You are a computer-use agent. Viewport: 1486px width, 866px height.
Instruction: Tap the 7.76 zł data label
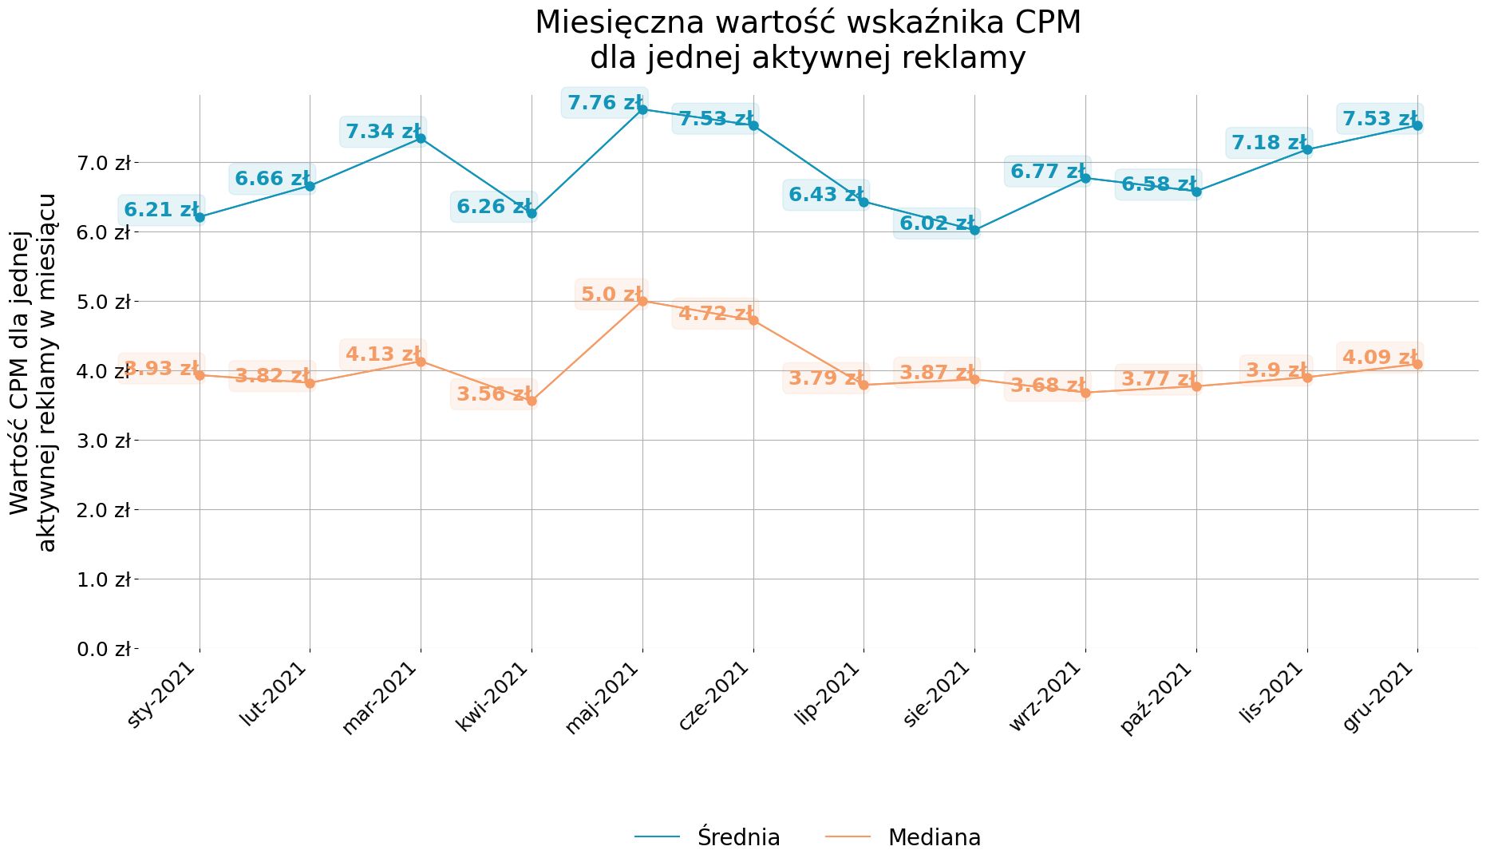pyautogui.click(x=604, y=103)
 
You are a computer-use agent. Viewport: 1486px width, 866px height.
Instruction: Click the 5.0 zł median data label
pyautogui.click(x=611, y=295)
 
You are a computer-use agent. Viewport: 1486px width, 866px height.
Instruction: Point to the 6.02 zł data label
pyautogui.click(x=936, y=223)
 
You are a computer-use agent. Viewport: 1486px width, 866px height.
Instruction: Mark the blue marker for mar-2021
pyautogui.click(x=421, y=138)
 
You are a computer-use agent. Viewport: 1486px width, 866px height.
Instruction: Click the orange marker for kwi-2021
pyautogui.click(x=532, y=401)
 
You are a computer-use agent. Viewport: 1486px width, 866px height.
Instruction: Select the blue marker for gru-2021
pyautogui.click(x=1417, y=125)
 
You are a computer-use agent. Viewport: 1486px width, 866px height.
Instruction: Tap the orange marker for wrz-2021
pyautogui.click(x=1085, y=393)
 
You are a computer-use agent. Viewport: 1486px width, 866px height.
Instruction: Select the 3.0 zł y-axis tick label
pyautogui.click(x=104, y=441)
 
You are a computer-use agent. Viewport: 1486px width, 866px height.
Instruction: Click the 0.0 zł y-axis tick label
pyautogui.click(x=104, y=649)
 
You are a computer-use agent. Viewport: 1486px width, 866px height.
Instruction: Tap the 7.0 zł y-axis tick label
pyautogui.click(x=104, y=164)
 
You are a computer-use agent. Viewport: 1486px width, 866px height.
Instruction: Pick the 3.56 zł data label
pyautogui.click(x=493, y=393)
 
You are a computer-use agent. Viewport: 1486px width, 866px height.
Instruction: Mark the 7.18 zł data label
pyautogui.click(x=1268, y=143)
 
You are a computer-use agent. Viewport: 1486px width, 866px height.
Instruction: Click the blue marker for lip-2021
pyautogui.click(x=864, y=202)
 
